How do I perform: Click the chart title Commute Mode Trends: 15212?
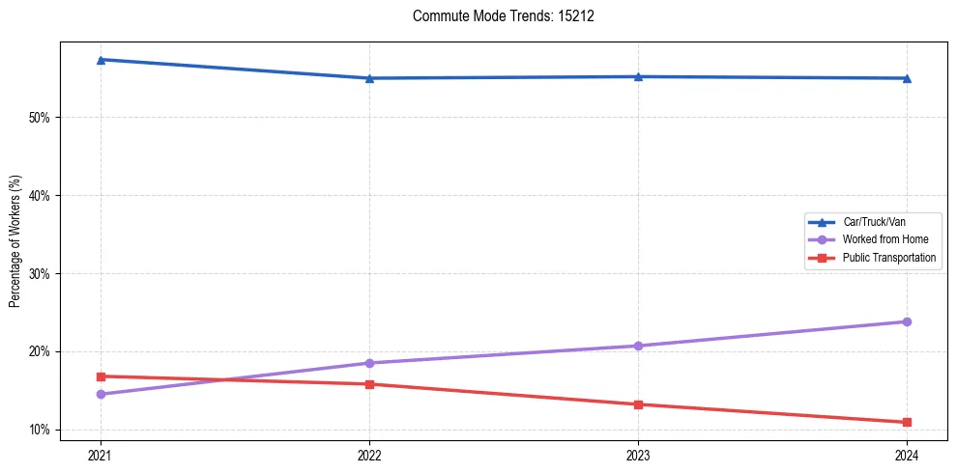[496, 16]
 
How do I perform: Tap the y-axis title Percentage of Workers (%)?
[14, 241]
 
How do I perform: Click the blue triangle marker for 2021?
[101, 60]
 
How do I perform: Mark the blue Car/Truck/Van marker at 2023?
[638, 76]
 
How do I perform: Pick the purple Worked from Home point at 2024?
[907, 321]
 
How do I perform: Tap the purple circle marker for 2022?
[369, 363]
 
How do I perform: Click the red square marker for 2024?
[907, 422]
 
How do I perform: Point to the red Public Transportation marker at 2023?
[638, 404]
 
